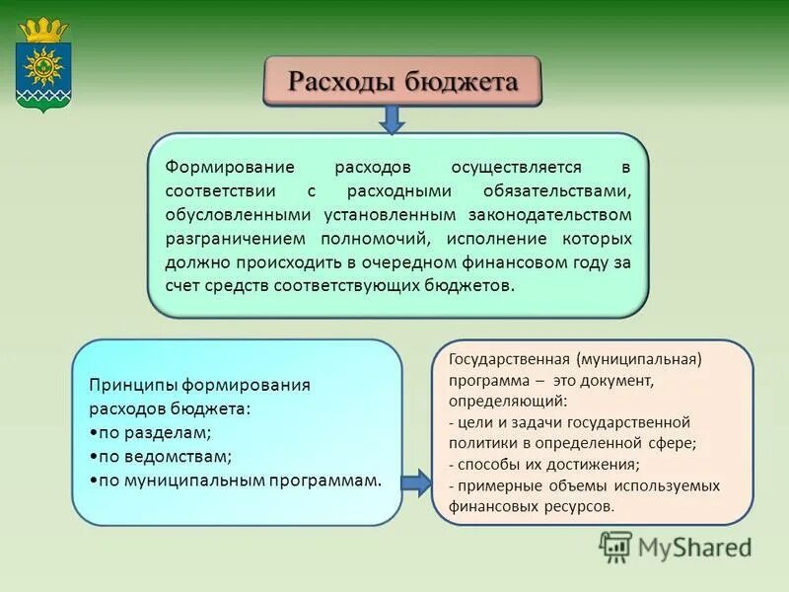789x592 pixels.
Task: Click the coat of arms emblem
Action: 42,67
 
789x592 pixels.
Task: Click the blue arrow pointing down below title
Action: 393,118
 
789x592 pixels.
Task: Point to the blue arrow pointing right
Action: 415,482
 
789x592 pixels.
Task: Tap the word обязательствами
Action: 557,191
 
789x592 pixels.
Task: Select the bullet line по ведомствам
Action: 160,456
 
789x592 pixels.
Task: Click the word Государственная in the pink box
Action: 509,360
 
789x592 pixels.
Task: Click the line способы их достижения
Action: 544,464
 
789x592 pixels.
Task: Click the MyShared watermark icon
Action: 615,546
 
